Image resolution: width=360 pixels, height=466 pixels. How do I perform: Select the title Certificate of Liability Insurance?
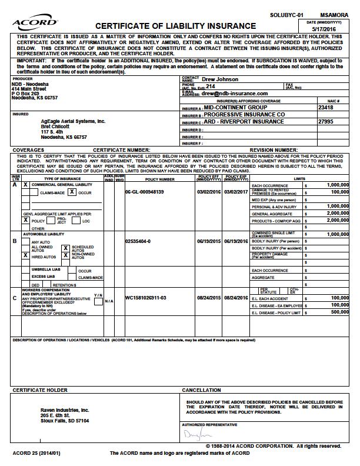pyautogui.click(x=175, y=26)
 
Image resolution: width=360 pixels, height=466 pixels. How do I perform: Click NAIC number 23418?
pyautogui.click(x=326, y=108)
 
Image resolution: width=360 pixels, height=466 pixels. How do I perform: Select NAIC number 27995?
pyautogui.click(x=326, y=122)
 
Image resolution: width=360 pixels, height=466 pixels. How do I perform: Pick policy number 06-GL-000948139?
pyautogui.click(x=145, y=192)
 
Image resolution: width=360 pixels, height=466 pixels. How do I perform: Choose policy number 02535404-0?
pyautogui.click(x=138, y=241)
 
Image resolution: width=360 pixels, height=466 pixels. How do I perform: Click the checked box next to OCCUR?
pyautogui.click(x=71, y=192)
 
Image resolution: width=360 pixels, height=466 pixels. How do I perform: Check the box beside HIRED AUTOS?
pyautogui.click(x=25, y=255)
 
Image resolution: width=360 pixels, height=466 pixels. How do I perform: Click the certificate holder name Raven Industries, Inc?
pyautogui.click(x=65, y=410)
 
